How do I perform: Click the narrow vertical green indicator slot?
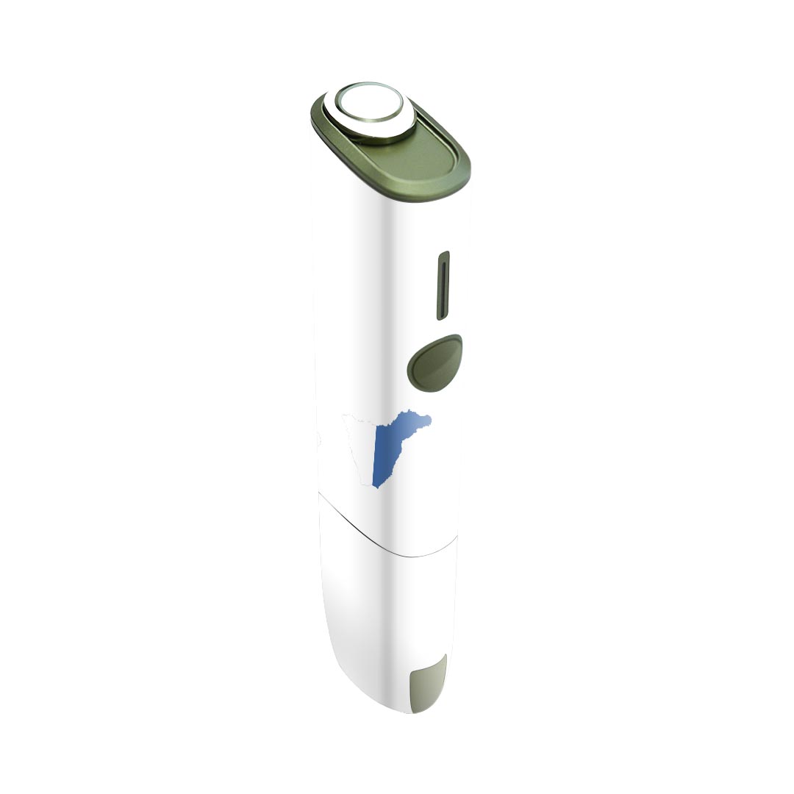[443, 286]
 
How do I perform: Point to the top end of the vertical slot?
[444, 256]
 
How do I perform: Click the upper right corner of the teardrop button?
[456, 340]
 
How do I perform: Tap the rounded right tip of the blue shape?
[428, 420]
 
